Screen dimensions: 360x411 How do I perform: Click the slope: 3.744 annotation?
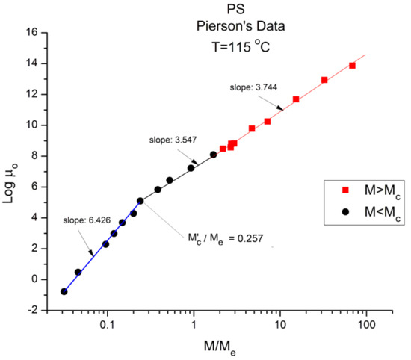(x=254, y=88)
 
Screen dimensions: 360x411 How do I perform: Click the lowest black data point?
(x=64, y=291)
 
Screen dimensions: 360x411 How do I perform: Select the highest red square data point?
(x=352, y=66)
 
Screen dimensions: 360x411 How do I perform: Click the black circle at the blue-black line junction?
(x=140, y=201)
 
